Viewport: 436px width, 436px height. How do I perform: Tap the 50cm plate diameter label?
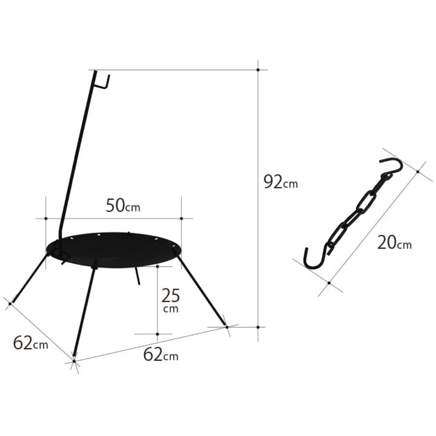[123, 205]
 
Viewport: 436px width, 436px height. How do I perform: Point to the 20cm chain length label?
[394, 242]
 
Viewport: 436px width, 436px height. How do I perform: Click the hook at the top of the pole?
[104, 82]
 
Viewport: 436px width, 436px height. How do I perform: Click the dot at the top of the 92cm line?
[258, 69]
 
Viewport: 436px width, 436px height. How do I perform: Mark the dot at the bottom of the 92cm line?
[258, 327]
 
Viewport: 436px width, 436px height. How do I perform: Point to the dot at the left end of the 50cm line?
[46, 218]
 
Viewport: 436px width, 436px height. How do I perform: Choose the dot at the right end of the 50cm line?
[181, 218]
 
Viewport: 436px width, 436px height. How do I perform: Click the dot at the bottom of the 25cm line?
[157, 334]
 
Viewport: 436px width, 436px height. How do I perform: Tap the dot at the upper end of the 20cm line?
[418, 172]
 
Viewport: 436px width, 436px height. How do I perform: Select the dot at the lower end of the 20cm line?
[329, 283]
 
